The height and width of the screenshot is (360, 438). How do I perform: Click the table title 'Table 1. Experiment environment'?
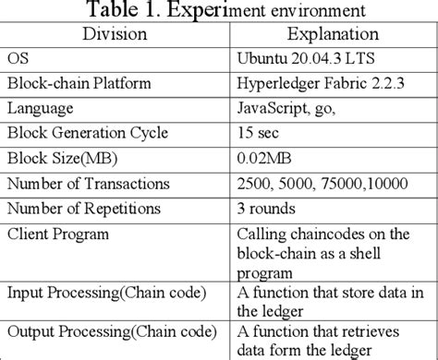point(219,12)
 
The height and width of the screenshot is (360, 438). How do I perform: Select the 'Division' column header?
point(116,35)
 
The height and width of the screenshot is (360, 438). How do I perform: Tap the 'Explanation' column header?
point(332,35)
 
